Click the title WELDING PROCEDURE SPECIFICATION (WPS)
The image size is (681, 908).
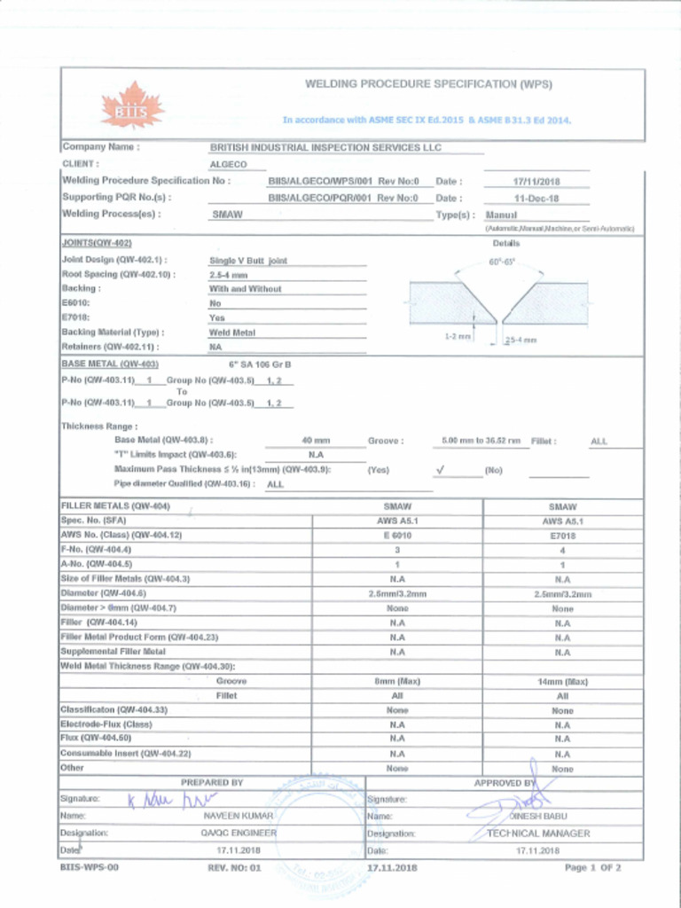tap(428, 84)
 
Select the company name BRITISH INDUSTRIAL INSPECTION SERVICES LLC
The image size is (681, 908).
tap(325, 147)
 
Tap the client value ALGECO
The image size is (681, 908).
tap(227, 164)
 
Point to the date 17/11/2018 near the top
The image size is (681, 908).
tap(536, 182)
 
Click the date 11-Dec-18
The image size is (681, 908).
tap(536, 199)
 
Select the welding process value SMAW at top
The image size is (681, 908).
tap(228, 215)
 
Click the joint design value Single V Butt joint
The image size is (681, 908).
tap(248, 261)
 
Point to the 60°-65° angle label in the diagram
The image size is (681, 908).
tap(502, 262)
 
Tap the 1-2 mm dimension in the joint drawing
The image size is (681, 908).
tap(458, 337)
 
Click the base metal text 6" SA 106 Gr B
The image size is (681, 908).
tap(260, 364)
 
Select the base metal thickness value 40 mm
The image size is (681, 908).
tap(316, 441)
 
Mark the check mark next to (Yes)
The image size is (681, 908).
tap(440, 469)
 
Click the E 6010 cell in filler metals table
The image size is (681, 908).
tap(396, 536)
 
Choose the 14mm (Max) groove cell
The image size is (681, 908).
tap(562, 682)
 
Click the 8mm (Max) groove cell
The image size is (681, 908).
tap(396, 682)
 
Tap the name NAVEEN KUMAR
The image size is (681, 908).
tap(239, 816)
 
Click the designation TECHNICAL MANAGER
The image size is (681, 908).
tap(538, 834)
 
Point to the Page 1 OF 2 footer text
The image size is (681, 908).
tap(592, 868)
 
